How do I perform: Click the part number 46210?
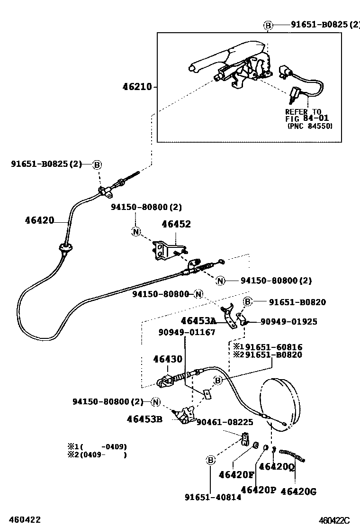point(137,87)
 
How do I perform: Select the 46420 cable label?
point(39,220)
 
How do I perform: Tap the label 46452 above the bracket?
point(176,224)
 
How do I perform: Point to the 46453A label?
point(198,321)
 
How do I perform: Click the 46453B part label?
point(144,418)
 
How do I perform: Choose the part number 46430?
point(167,359)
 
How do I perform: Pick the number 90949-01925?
point(289,321)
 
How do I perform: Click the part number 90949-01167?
point(187,332)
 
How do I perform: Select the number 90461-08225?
point(225,422)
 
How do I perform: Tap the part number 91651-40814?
point(213,497)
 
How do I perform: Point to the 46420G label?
point(298,491)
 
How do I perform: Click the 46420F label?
point(236,474)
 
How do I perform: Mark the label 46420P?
point(258,490)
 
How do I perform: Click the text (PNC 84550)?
point(310,127)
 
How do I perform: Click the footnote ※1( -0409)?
point(97,446)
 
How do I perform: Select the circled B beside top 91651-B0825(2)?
point(268,25)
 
